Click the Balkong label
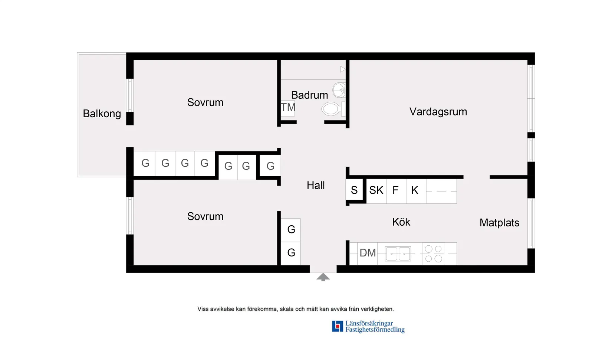[x=102, y=114]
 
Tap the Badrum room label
[x=309, y=95]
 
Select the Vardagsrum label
[x=438, y=112]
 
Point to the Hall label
[x=316, y=185]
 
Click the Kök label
[x=401, y=222]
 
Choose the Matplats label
[x=499, y=223]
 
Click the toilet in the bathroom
[x=332, y=109]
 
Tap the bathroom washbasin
[x=339, y=90]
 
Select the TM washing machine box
[x=288, y=108]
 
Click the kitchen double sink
[x=398, y=254]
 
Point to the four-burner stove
[x=433, y=254]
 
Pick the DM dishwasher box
[x=368, y=253]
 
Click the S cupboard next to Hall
[x=354, y=190]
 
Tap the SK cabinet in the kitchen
[x=376, y=190]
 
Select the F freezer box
[x=396, y=190]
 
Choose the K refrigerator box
[x=415, y=190]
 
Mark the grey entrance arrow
[x=323, y=277]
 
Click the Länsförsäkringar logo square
[x=337, y=326]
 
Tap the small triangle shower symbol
[x=343, y=69]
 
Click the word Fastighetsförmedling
[x=375, y=330]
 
